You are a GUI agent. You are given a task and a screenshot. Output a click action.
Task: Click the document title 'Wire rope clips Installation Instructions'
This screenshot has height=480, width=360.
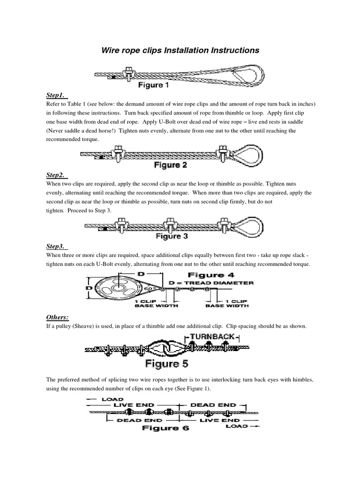point(180,50)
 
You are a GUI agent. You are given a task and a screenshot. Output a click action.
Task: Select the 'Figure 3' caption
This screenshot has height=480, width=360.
point(171,236)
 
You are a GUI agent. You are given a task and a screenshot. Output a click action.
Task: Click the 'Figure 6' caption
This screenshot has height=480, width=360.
point(166,427)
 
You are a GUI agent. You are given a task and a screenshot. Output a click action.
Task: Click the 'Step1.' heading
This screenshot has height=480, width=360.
point(57,96)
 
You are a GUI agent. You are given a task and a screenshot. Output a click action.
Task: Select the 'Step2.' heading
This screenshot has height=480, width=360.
point(58,175)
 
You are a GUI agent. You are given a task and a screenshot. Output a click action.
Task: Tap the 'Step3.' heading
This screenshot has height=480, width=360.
point(58,246)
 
